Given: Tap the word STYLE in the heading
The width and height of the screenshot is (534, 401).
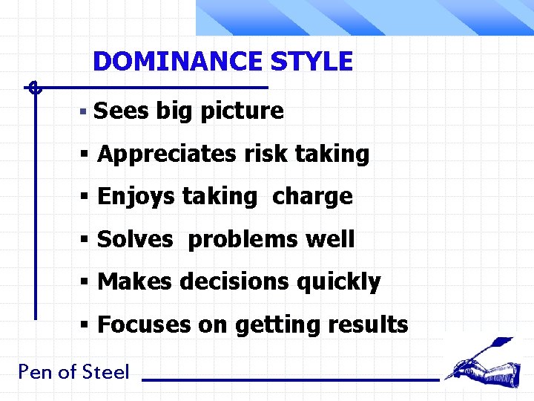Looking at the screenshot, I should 311,61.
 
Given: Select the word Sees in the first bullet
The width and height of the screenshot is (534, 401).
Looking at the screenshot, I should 122,111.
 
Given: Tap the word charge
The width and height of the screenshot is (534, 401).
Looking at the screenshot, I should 312,197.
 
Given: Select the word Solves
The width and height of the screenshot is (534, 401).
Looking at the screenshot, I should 135,240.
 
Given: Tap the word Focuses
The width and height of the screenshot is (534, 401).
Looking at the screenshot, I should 144,325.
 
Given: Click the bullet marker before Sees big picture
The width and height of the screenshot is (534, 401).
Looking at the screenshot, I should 85,112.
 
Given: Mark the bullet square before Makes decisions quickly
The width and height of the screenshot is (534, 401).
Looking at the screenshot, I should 86,283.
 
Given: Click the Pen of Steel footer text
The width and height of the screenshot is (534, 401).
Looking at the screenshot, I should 73,372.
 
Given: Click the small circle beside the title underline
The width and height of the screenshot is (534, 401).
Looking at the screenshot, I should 33,88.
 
